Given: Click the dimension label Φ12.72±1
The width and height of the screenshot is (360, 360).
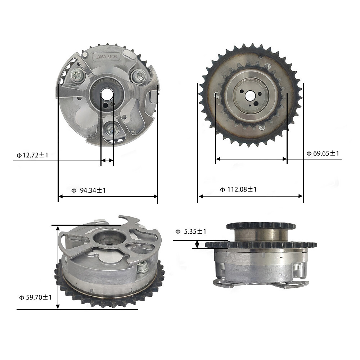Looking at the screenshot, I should (32, 155).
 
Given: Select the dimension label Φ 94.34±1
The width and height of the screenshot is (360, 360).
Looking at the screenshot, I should (89, 190).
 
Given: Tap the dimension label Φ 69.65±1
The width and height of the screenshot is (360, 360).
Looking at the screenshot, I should (323, 153).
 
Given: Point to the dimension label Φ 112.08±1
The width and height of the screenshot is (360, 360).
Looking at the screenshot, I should (238, 189).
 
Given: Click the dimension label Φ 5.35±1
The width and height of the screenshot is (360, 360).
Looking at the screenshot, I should (191, 232).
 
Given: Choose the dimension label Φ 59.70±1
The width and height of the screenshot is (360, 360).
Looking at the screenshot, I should (36, 297).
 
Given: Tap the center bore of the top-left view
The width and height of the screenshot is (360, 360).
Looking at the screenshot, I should (107, 96).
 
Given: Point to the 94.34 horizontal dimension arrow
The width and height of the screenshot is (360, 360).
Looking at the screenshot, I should (108, 197).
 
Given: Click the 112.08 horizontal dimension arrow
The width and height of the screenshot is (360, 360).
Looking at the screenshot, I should (250, 196).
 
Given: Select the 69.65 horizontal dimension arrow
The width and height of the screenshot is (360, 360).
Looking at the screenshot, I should (251, 159).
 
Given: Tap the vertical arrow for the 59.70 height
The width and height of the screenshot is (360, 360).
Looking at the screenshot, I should (58, 266).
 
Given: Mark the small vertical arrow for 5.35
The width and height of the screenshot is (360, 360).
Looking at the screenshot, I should (197, 245).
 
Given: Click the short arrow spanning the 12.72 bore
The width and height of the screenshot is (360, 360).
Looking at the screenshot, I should (107, 161).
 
